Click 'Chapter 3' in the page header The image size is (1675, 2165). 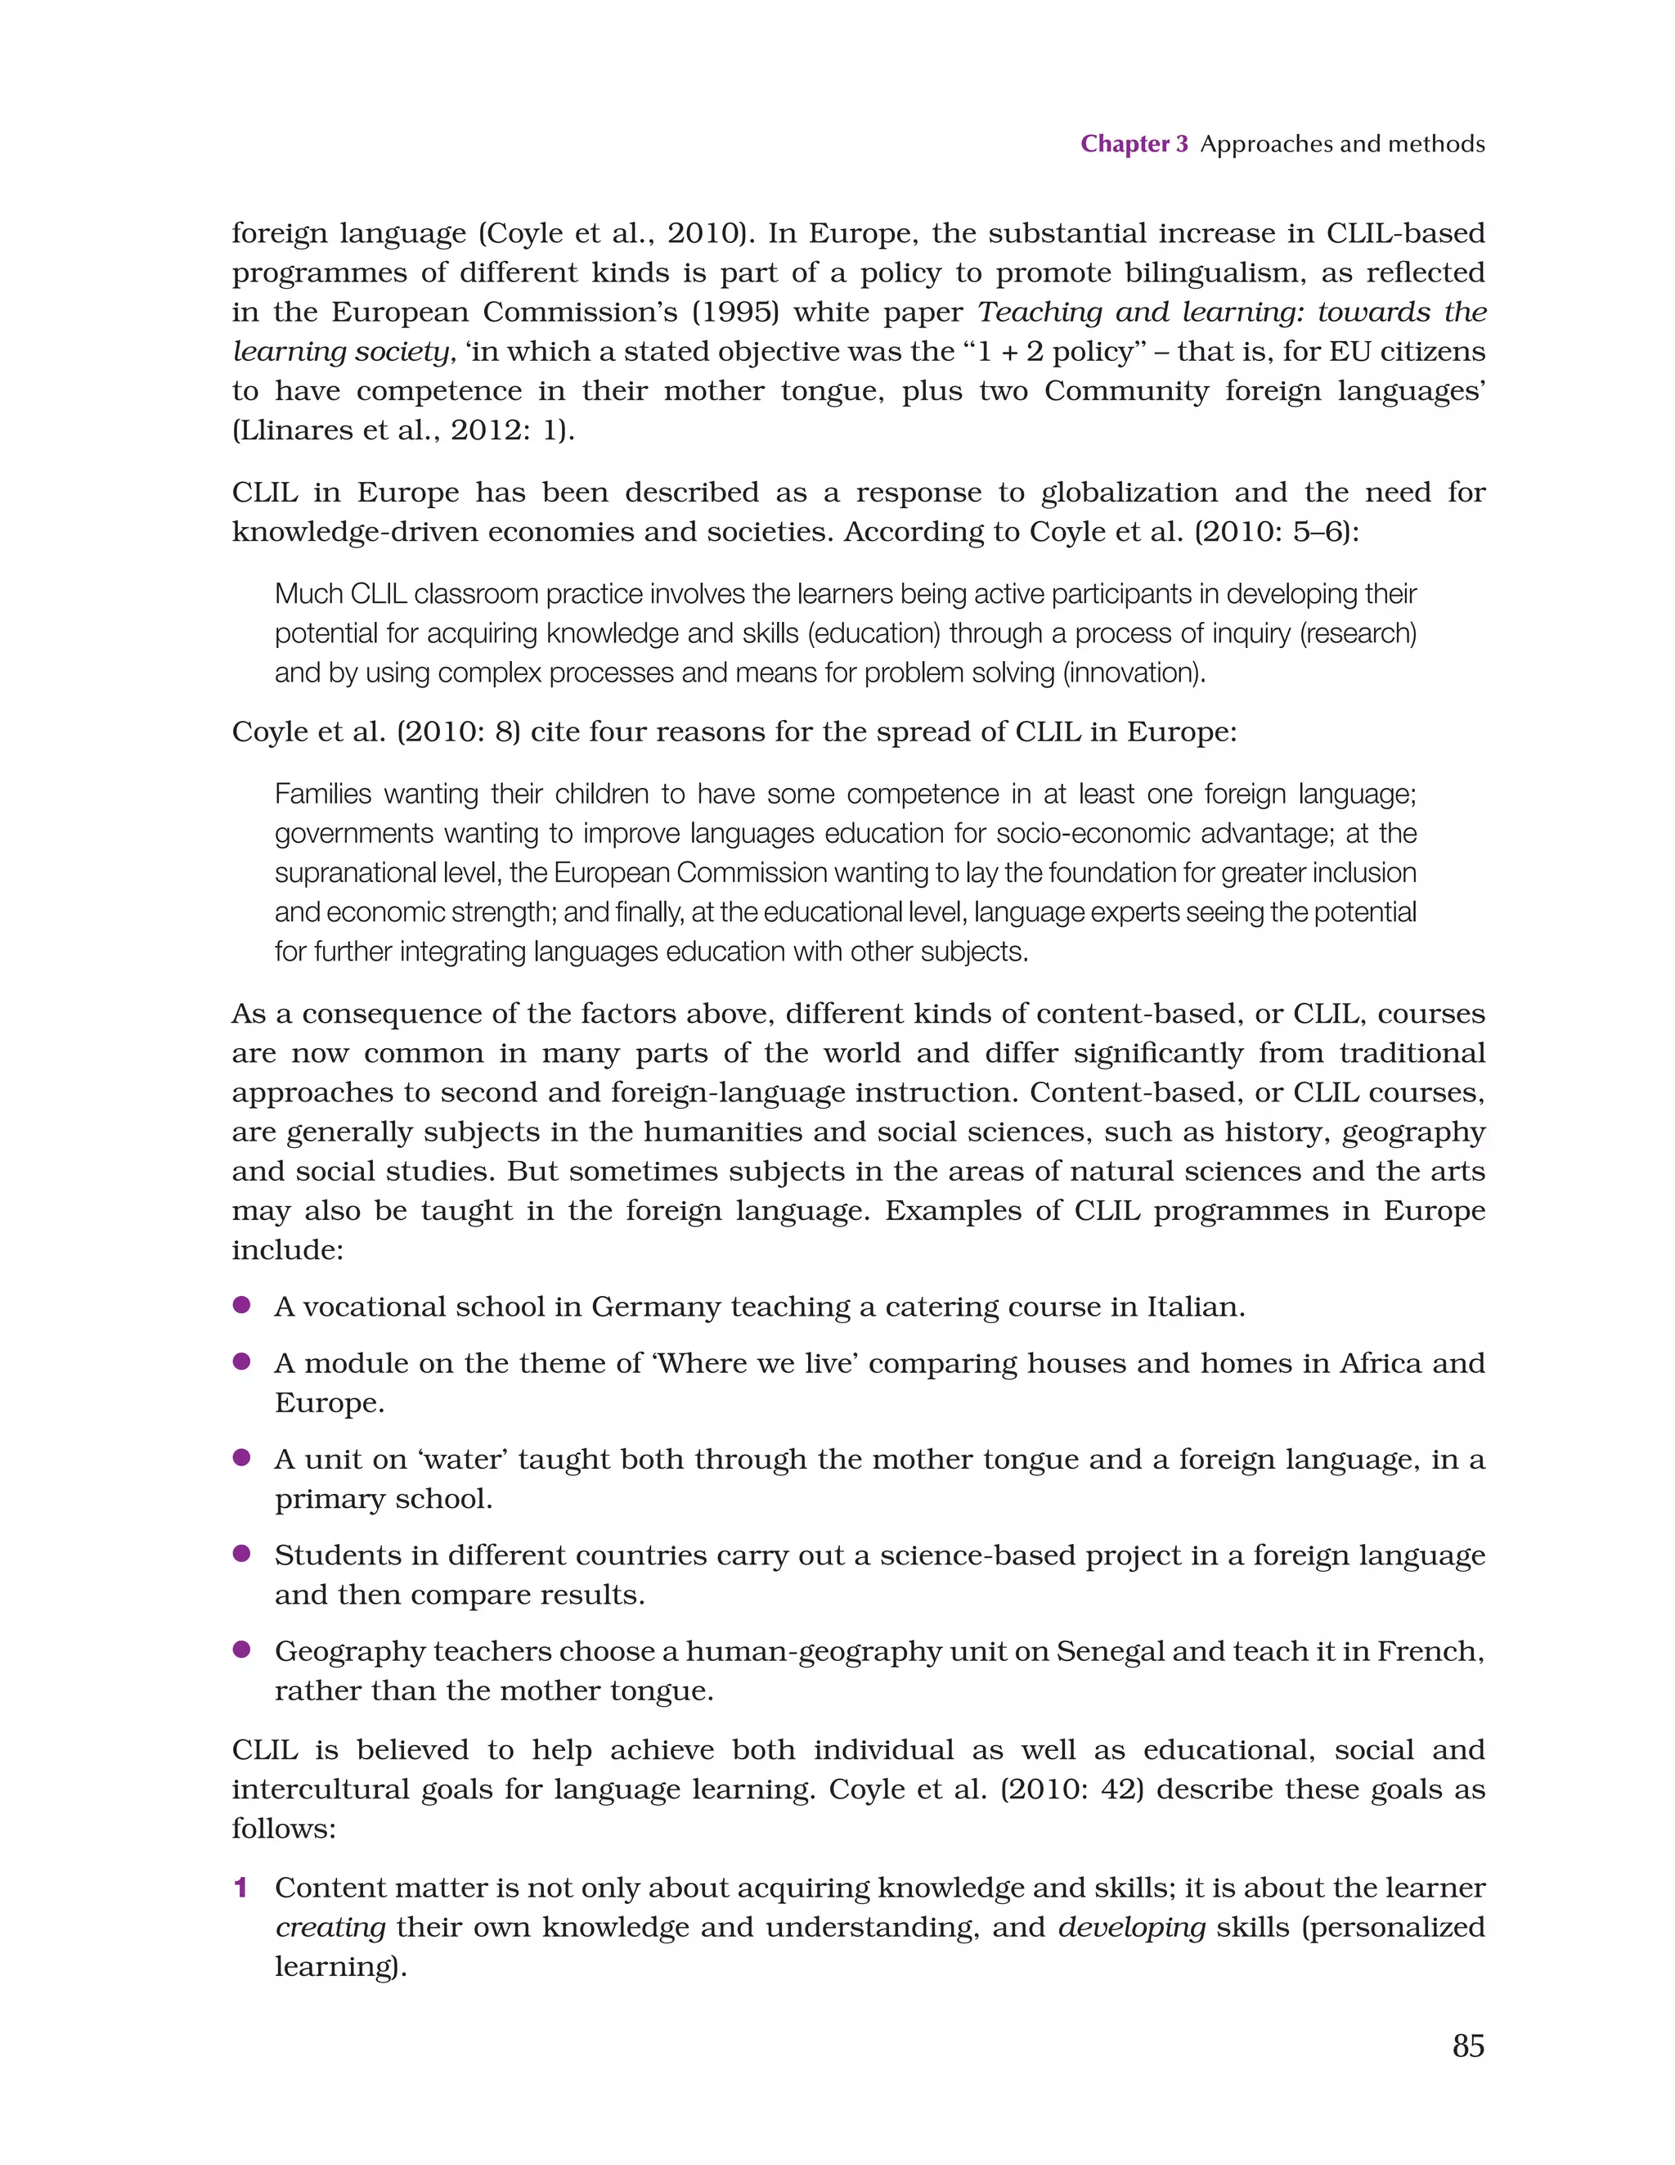pyautogui.click(x=1133, y=144)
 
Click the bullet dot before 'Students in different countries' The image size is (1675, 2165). pyautogui.click(x=240, y=1553)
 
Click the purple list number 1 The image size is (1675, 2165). pyautogui.click(x=240, y=1888)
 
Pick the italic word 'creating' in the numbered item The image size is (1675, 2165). pyautogui.click(x=330, y=1928)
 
